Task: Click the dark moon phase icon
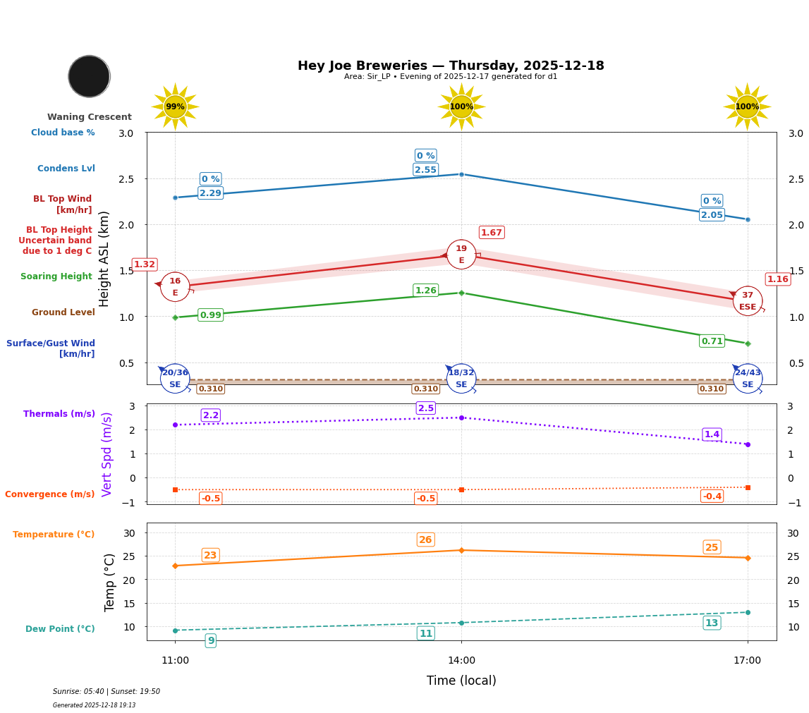coord(89,76)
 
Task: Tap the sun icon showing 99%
coord(175,106)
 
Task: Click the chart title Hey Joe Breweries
coord(451,66)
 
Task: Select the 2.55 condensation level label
coord(425,170)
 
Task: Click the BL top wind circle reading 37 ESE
coord(747,301)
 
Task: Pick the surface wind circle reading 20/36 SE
coord(175,379)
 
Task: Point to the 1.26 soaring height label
coord(425,291)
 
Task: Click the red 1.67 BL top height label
coord(491,233)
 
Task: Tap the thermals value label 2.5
coord(425,408)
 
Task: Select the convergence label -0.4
coord(712,496)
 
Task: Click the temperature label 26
coord(425,540)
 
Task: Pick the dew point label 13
coord(712,623)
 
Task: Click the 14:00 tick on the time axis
coord(461,661)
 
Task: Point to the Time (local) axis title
coord(461,681)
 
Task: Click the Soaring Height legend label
coord(56,276)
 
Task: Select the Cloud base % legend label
coord(63,133)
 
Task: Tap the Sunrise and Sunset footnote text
coord(107,692)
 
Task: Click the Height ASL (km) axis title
coord(105,258)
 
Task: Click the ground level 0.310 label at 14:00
coord(425,389)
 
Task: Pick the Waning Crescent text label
coord(90,117)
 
